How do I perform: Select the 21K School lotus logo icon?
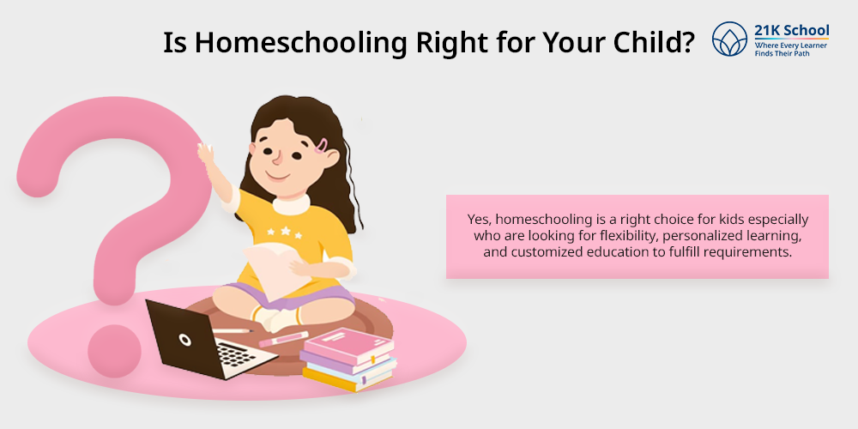[x=729, y=39]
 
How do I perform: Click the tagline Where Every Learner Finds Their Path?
[x=791, y=50]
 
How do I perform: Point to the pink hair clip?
[x=321, y=146]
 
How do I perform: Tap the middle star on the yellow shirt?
[x=285, y=231]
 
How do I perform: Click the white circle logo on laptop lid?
[x=185, y=340]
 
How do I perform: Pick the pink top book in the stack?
[x=348, y=345]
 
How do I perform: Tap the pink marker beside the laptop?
[x=283, y=339]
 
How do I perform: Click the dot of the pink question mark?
[x=114, y=351]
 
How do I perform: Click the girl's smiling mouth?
[x=277, y=176]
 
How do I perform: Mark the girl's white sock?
[x=277, y=317]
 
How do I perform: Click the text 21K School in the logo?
[x=791, y=30]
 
